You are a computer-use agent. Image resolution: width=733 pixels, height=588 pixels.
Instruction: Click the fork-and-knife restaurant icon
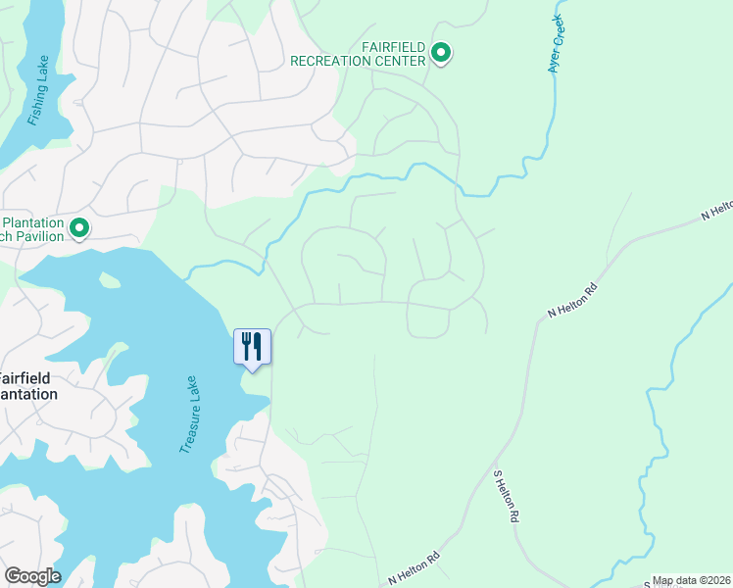coord(252,346)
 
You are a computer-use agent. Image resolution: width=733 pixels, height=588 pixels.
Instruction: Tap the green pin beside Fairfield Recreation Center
coord(441,53)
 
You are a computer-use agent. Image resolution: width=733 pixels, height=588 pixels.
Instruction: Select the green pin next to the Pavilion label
coord(79,228)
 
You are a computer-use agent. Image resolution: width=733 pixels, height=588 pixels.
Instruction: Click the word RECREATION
coord(332,61)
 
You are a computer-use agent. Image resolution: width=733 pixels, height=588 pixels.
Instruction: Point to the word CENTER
coord(401,61)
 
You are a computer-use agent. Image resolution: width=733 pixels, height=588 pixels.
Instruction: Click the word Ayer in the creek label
coord(554,64)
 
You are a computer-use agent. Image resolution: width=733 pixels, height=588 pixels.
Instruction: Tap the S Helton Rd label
coord(506,496)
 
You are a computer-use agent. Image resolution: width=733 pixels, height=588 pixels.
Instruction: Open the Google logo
coord(32,576)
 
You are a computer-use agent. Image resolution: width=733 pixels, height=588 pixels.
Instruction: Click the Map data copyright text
coord(692,580)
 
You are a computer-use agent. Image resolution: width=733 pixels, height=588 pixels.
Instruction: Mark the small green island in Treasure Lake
coord(109,281)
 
